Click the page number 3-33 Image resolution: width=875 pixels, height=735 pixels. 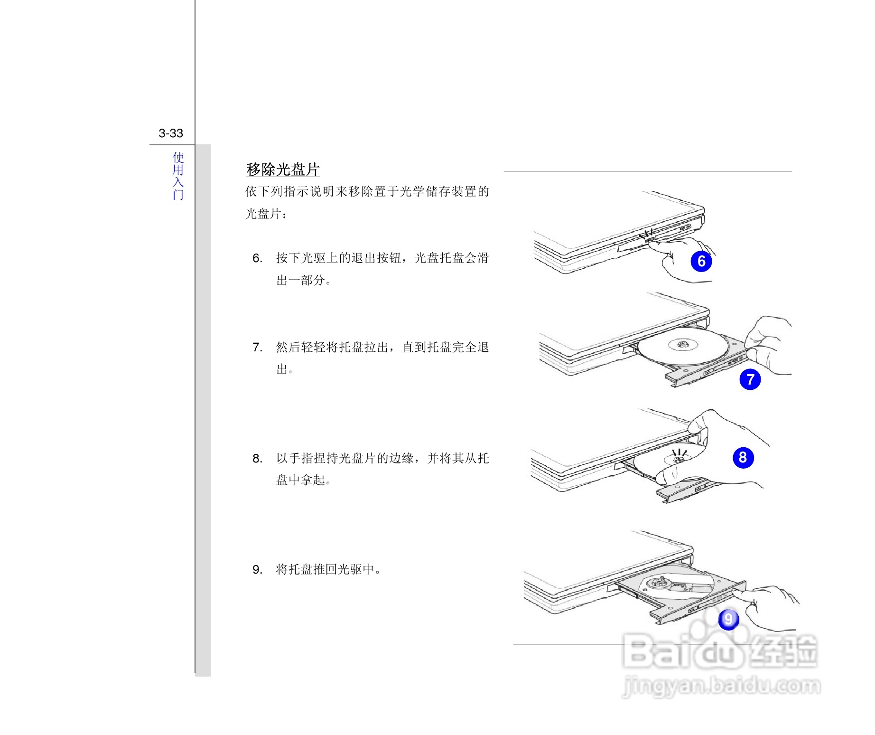click(x=171, y=133)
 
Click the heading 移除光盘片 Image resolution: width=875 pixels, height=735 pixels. click(x=283, y=170)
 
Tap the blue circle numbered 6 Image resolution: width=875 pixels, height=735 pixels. click(x=701, y=261)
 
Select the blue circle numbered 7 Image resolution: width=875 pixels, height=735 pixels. click(x=750, y=379)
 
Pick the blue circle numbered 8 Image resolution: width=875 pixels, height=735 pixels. click(x=743, y=457)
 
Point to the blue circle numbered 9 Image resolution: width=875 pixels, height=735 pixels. click(x=728, y=619)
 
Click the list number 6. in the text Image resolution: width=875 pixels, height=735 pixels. click(x=257, y=258)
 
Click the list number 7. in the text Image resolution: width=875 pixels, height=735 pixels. click(x=257, y=348)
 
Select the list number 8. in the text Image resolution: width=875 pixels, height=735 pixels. click(x=257, y=459)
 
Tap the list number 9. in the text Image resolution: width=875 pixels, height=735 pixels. click(x=257, y=570)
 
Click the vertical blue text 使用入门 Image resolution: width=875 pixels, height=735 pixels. click(x=178, y=176)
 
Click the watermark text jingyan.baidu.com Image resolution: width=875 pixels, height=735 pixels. click(x=721, y=686)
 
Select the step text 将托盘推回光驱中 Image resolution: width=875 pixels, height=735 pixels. click(x=328, y=569)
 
